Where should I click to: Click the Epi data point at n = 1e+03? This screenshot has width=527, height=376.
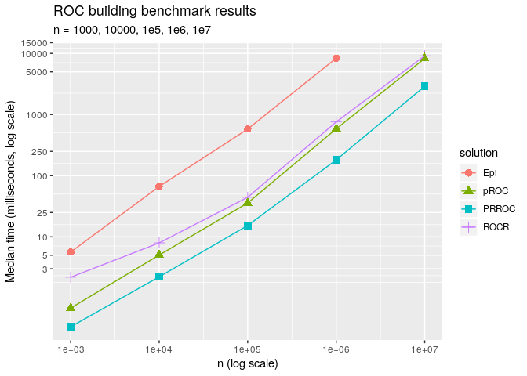pos(71,252)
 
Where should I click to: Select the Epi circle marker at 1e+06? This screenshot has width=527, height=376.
pos(336,58)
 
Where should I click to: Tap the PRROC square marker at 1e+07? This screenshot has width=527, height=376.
pos(424,86)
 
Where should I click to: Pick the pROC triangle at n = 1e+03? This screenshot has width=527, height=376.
pos(71,307)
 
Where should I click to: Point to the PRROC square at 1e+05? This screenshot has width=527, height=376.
pos(248,226)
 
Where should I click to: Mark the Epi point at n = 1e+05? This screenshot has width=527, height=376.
pos(248,129)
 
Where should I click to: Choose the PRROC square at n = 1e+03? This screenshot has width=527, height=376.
pos(71,327)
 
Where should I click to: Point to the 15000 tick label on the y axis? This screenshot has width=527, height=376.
pos(35,43)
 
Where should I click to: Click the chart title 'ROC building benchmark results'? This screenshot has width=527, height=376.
pos(154,12)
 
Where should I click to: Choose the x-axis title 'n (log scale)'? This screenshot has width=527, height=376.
pos(248,364)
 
